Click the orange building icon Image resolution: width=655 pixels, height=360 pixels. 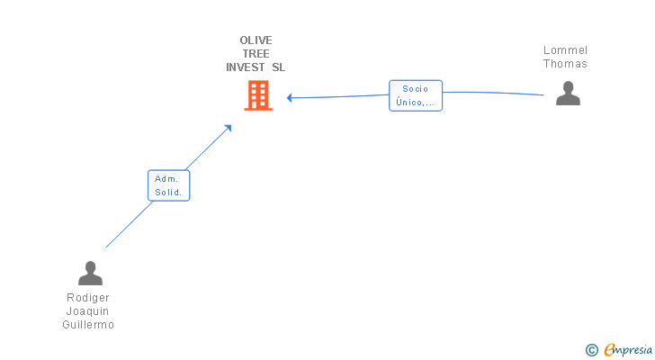coord(258,95)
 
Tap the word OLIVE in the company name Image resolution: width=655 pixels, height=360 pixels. coord(256,40)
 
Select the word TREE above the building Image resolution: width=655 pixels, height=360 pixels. coord(256,54)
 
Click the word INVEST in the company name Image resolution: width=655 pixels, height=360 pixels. coord(245,67)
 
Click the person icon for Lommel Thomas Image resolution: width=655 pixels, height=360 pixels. coord(568,94)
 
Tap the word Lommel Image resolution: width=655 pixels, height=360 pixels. coord(565,50)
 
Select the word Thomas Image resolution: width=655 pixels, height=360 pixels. coord(565,64)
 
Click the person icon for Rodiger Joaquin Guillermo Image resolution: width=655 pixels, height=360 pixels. coord(90,273)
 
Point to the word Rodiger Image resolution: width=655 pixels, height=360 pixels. coord(88,298)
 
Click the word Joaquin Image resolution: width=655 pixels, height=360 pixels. coord(88,311)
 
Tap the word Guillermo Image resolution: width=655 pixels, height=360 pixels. coord(88,325)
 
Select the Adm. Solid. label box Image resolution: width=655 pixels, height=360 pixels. coord(168,185)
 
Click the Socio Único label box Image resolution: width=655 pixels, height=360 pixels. coord(416,95)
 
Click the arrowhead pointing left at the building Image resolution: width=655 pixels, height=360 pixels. coord(290,97)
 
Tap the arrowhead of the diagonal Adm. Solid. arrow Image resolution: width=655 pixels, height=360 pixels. coord(229,128)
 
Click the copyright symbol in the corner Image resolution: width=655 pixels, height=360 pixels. coord(591,350)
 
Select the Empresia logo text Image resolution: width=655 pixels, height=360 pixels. coord(628,350)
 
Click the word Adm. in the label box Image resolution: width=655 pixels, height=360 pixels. coord(167,179)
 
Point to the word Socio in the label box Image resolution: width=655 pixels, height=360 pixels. coord(416,89)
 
